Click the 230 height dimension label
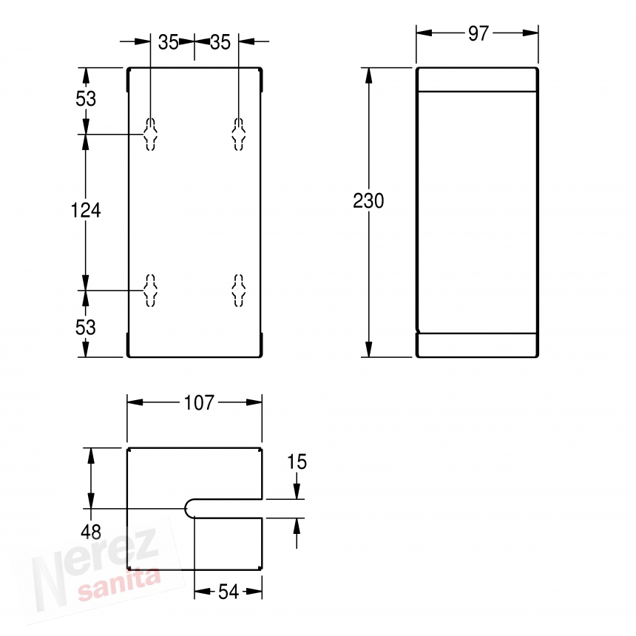[368, 200]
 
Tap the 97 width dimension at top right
[478, 34]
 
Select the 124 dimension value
[86, 210]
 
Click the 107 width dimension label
[199, 403]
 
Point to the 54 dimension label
[229, 592]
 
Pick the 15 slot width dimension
[297, 462]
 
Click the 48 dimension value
[91, 532]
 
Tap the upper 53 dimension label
[86, 98]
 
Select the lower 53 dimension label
[86, 328]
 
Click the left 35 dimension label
[169, 42]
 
